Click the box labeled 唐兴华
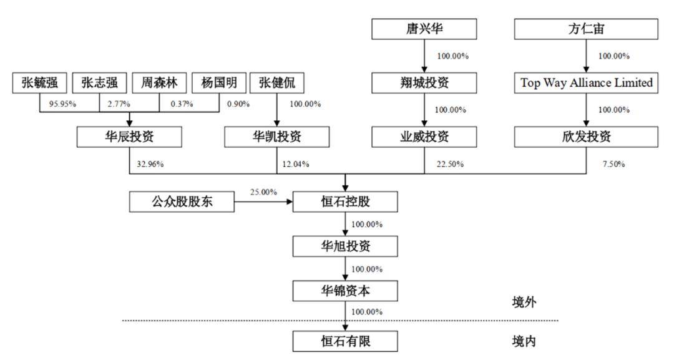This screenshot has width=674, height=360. [x=424, y=29]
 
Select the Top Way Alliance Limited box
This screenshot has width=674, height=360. [x=586, y=83]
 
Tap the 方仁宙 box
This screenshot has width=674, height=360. [x=586, y=29]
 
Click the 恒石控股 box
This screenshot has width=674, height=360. [x=345, y=202]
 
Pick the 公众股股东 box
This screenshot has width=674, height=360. [x=182, y=202]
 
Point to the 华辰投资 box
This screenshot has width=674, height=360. [x=129, y=137]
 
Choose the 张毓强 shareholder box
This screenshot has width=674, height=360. [x=39, y=83]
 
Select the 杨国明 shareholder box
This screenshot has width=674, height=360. [x=219, y=83]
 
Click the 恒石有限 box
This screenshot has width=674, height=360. [x=345, y=341]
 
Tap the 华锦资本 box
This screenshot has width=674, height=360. [x=345, y=291]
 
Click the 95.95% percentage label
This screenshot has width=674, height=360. [x=62, y=104]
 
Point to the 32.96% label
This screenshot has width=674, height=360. [x=150, y=164]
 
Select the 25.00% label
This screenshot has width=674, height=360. [x=263, y=192]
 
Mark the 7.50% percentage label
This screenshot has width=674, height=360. [x=613, y=164]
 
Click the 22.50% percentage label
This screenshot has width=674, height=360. [x=450, y=164]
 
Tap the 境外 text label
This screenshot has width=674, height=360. [x=524, y=303]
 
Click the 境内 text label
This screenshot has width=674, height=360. [x=524, y=341]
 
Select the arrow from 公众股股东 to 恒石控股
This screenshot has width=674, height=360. [x=263, y=202]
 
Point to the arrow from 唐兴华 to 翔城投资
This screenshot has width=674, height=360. [x=424, y=56]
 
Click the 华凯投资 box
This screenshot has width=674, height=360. [x=277, y=137]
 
